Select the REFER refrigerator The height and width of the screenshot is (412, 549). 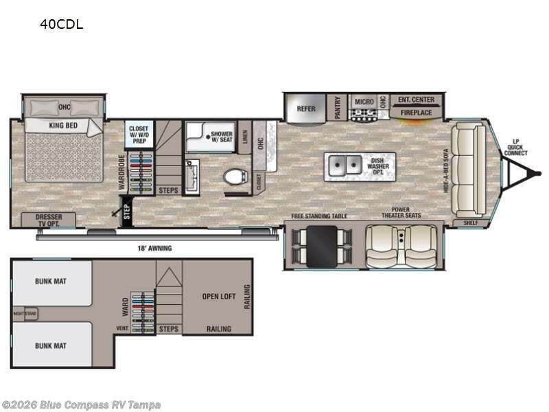tap(305, 108)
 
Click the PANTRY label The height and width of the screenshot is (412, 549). tap(335, 107)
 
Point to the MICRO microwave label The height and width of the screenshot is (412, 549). tap(363, 102)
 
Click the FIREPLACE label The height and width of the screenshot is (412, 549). tap(416, 112)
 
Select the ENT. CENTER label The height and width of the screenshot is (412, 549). tap(416, 100)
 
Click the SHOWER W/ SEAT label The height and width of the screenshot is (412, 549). tap(222, 137)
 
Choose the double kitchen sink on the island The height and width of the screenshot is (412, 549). tap(344, 165)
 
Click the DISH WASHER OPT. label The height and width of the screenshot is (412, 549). tap(378, 165)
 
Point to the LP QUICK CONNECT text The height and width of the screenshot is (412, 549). tap(515, 147)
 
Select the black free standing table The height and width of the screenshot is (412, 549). tap(321, 246)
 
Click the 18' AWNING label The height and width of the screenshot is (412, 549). tap(154, 248)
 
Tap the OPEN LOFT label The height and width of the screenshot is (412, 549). tap(219, 297)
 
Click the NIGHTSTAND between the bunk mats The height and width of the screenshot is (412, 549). tap(25, 314)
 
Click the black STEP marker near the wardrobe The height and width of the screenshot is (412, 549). tap(126, 211)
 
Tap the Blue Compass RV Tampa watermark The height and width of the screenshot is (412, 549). tap(81, 404)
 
